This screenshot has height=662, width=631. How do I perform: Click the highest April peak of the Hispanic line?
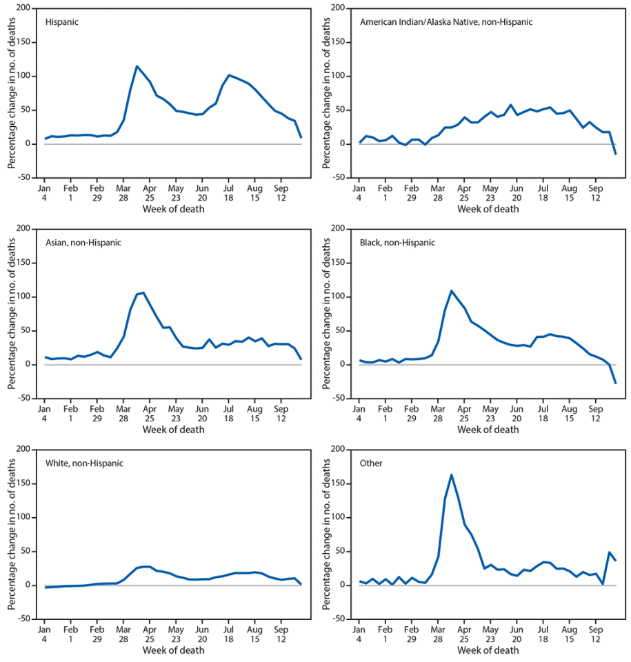(x=137, y=66)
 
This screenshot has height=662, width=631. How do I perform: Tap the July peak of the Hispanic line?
(x=229, y=75)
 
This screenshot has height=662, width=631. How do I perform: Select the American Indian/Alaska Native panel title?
(x=446, y=22)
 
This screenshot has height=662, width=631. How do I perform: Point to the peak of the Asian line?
(x=143, y=292)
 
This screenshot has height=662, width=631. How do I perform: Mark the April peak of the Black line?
(x=452, y=290)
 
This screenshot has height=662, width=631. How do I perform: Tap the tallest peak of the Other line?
(x=452, y=474)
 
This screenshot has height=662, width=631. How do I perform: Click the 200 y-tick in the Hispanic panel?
(x=24, y=8)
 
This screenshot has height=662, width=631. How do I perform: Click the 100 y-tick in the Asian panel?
(x=24, y=297)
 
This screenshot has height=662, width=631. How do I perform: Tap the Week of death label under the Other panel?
(x=488, y=650)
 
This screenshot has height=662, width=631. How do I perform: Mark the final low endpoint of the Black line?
(x=615, y=383)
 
